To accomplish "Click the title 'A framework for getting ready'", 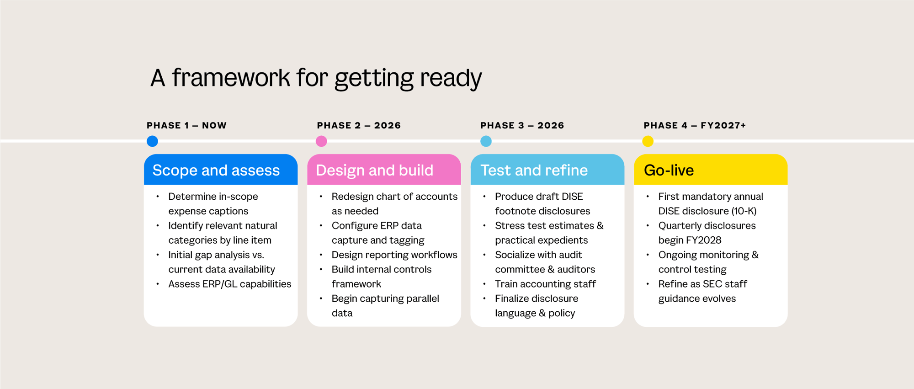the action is tap(316, 78).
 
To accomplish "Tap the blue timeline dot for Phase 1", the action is tap(152, 141).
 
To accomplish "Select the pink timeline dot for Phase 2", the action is tap(321, 141).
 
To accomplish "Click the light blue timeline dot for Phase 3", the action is tap(486, 141).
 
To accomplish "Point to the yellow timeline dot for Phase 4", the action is tap(648, 141).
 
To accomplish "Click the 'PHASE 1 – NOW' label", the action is tap(186, 125).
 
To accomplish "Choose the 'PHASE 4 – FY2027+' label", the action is tap(695, 125).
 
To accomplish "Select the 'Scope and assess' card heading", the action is tap(216, 171).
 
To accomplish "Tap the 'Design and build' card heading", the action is tap(374, 171).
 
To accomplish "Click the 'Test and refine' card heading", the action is tap(534, 171).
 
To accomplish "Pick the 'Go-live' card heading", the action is tap(669, 171).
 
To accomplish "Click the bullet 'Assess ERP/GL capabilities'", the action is tap(229, 284).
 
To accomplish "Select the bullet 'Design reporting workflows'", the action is tap(394, 255).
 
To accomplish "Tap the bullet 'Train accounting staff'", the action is tap(545, 284).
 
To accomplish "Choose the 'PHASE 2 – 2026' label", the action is tap(359, 125).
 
